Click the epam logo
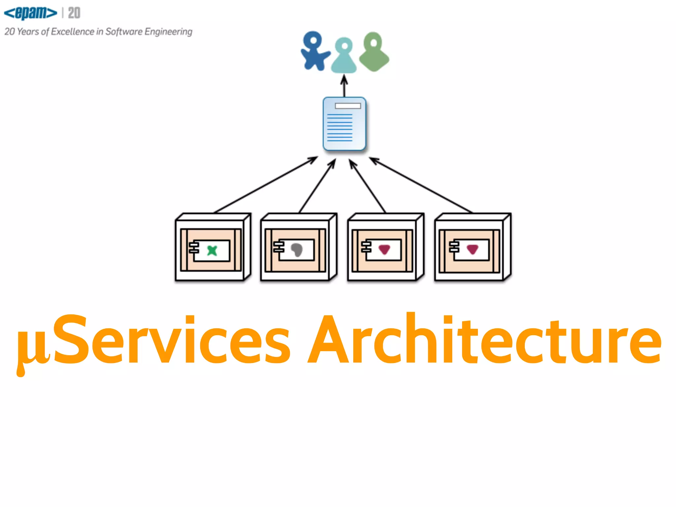click(30, 13)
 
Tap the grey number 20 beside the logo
click(74, 13)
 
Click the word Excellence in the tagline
click(73, 32)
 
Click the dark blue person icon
click(314, 51)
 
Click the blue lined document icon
click(344, 124)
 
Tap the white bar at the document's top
click(348, 106)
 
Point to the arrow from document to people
click(344, 86)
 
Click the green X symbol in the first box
click(212, 251)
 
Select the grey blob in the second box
click(297, 250)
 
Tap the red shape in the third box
click(384, 249)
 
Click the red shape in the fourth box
click(472, 249)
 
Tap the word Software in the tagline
click(124, 32)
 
